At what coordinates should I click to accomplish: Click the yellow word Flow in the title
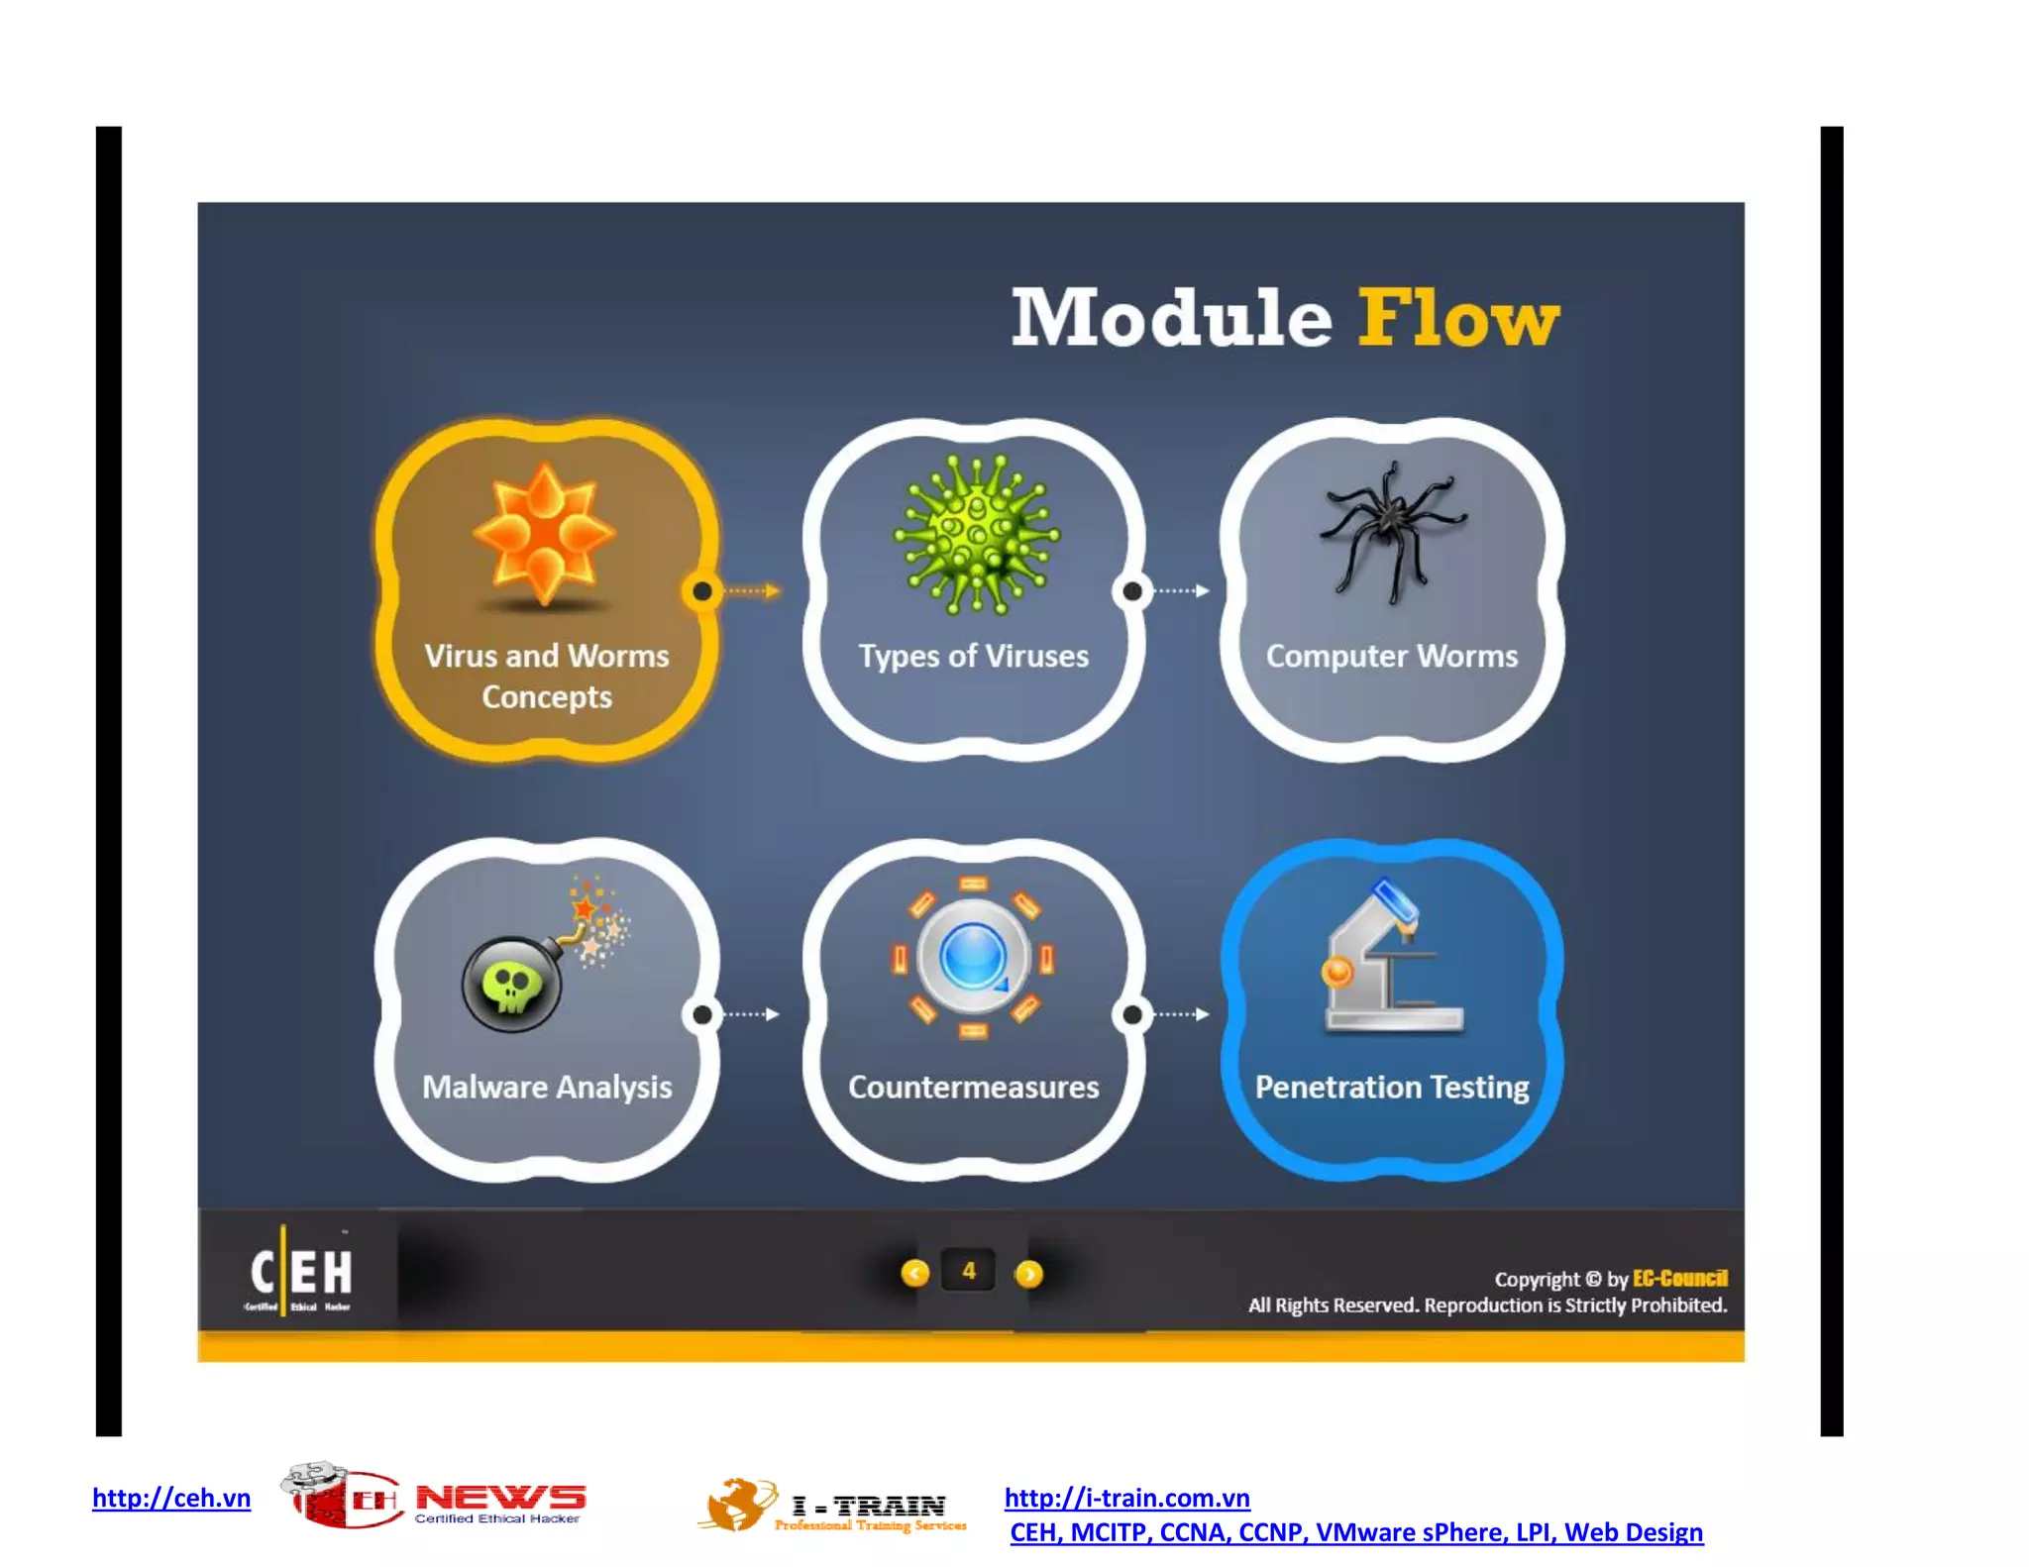coord(1457,318)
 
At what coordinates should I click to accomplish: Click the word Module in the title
coord(1171,318)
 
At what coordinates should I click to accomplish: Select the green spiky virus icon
coord(976,534)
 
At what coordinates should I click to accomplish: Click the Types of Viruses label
coord(973,656)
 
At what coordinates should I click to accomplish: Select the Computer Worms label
coord(1391,656)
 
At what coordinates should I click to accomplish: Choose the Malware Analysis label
coord(547,1087)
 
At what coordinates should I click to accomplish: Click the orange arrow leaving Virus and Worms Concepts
coord(751,591)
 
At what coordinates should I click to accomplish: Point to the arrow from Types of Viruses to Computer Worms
coord(1182,591)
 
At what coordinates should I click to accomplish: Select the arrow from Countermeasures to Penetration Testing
coord(1182,1014)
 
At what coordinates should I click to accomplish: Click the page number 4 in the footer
coord(969,1271)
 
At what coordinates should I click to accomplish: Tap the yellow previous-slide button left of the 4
coord(914,1273)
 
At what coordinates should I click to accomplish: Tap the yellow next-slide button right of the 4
coord(1028,1273)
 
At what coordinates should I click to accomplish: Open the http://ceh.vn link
coord(171,1498)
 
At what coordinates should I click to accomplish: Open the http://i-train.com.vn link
coord(1126,1498)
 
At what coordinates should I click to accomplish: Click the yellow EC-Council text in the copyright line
coord(1679,1278)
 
